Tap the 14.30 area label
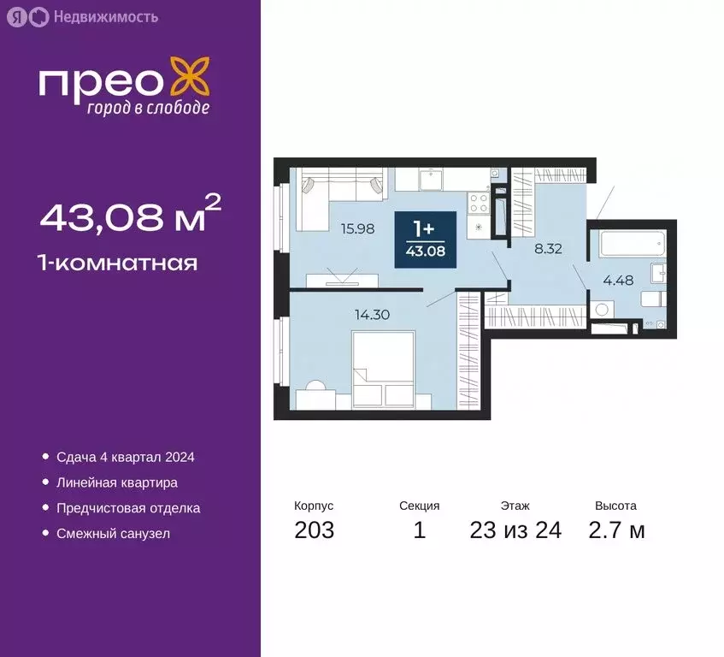click(372, 314)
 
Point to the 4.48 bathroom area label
click(619, 278)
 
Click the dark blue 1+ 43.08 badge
click(425, 240)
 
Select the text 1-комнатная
click(118, 263)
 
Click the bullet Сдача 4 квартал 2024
click(125, 458)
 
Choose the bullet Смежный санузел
click(113, 534)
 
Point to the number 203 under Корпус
click(314, 530)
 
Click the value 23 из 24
click(515, 530)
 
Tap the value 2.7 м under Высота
click(616, 530)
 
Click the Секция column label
click(419, 506)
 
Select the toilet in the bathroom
click(652, 299)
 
